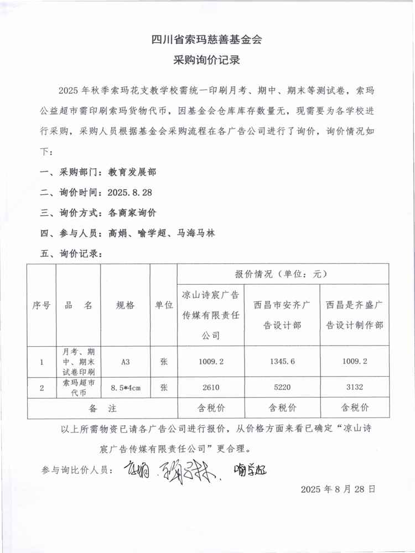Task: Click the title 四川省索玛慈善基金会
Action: (206, 39)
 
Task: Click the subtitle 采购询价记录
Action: (206, 60)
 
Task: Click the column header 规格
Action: (125, 305)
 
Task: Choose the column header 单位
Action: (164, 305)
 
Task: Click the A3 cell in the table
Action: (125, 362)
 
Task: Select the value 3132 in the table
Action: (354, 388)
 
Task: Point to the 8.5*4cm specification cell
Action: (125, 388)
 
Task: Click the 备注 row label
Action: (102, 408)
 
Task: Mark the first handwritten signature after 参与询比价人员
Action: (135, 471)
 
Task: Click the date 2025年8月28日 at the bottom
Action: (338, 489)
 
